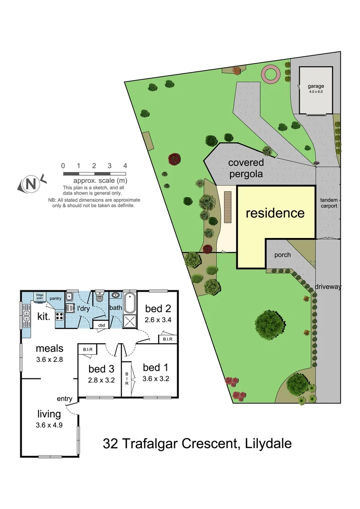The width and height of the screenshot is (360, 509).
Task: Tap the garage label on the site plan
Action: [x=316, y=87]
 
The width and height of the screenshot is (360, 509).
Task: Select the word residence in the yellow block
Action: [x=275, y=213]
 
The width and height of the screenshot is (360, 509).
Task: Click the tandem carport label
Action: [x=328, y=203]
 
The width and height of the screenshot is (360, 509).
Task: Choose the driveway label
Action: [x=328, y=287]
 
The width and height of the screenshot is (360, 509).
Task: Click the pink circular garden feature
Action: [x=271, y=74]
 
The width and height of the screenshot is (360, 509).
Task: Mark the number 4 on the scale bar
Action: [x=125, y=165]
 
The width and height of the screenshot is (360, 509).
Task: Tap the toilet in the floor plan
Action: [x=99, y=296]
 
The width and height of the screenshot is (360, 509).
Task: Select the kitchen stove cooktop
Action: [x=60, y=315]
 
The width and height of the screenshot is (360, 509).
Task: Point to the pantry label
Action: [x=56, y=298]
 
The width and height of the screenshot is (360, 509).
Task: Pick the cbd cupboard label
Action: [x=101, y=325]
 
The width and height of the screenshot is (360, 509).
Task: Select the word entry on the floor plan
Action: [x=65, y=399]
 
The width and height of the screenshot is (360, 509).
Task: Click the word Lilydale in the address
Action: [x=269, y=443]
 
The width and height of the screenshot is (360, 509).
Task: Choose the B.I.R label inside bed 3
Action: [x=87, y=349]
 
